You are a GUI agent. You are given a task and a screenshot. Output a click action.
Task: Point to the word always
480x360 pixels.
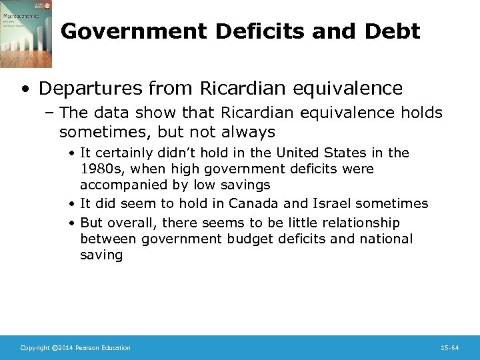click(x=249, y=131)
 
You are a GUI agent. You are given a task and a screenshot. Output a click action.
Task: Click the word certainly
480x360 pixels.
click(x=126, y=153)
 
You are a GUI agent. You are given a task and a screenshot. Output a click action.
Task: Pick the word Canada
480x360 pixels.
click(x=251, y=203)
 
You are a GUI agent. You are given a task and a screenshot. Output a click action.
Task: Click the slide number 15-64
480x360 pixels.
click(x=450, y=348)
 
